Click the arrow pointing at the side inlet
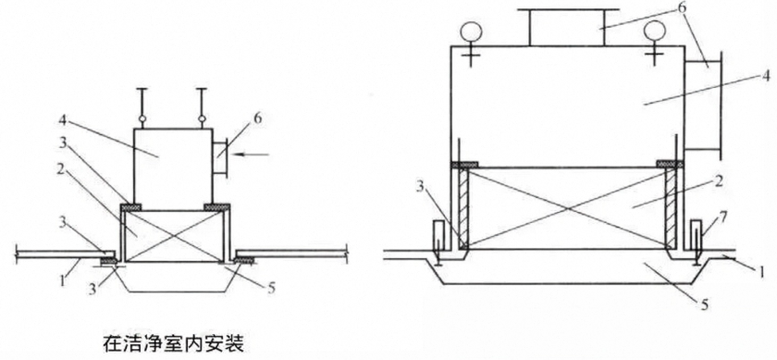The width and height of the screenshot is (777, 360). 252,155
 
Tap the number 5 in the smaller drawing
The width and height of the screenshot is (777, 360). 270,288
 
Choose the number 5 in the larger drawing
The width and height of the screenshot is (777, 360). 706,304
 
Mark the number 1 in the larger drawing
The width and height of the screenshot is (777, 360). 763,271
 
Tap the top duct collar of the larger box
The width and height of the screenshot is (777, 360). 567,27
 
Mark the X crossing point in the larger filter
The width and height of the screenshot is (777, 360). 567,208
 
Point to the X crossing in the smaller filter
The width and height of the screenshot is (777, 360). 173,236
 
